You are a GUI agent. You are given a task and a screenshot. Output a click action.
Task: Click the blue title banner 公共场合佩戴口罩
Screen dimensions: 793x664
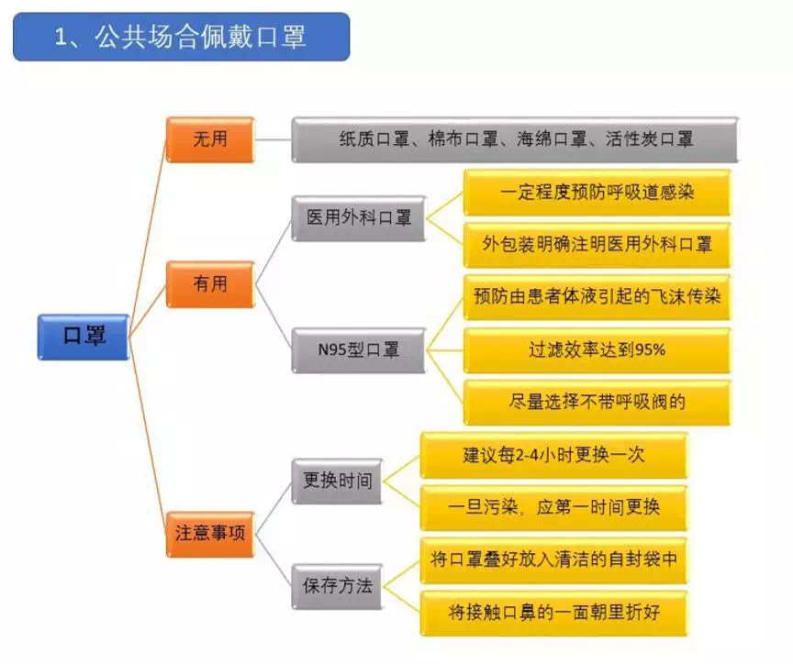[181, 37]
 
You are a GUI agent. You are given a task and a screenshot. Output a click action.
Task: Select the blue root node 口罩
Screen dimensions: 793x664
[84, 337]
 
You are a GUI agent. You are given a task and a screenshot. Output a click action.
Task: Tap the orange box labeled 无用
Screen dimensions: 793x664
[210, 139]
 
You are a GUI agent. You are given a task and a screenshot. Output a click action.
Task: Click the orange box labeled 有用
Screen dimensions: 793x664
[210, 284]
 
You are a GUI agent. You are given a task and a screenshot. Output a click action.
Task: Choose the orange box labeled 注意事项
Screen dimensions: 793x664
[210, 534]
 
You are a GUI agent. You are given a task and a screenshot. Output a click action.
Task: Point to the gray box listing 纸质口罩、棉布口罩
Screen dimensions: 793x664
[515, 139]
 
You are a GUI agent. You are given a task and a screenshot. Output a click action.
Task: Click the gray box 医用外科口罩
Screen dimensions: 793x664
[359, 218]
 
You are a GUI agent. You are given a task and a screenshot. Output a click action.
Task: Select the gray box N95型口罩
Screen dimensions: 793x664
[359, 350]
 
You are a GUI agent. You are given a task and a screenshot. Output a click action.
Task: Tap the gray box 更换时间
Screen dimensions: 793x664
[338, 481]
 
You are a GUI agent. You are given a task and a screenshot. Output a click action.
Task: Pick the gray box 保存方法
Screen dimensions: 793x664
[338, 586]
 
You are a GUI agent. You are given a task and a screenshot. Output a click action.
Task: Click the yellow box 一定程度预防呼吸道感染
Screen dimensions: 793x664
[598, 192]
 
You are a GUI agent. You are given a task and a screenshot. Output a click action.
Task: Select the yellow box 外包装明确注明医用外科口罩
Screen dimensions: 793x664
[598, 245]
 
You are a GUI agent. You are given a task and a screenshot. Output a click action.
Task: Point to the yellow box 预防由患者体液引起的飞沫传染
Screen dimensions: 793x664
[598, 297]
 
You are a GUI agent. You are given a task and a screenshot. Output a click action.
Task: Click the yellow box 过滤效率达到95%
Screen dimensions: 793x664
[598, 350]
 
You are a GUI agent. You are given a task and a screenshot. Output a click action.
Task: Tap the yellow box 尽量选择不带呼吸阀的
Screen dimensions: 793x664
[598, 403]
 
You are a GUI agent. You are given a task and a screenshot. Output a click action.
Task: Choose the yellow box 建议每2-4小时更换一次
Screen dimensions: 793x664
[553, 455]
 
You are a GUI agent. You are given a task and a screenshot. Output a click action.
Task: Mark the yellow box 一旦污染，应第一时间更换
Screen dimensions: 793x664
[553, 507]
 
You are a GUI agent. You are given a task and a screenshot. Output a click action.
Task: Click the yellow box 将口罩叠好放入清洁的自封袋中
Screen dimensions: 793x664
[553, 559]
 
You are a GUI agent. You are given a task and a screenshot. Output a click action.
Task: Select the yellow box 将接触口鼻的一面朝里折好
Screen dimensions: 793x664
[553, 613]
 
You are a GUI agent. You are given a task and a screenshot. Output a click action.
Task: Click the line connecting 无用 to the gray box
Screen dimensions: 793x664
[274, 139]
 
